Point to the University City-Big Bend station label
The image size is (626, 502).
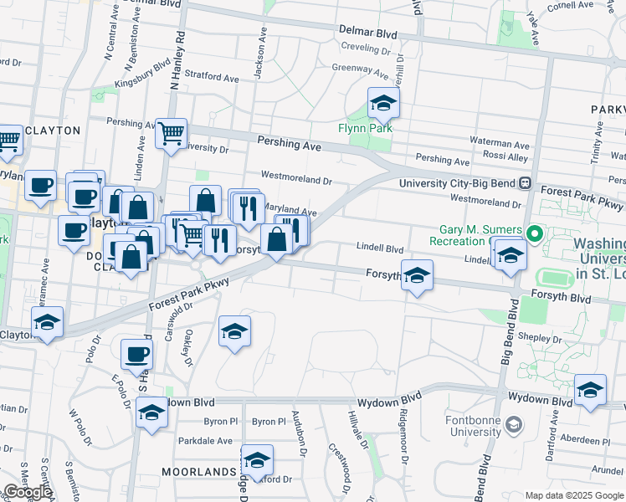pos(458,183)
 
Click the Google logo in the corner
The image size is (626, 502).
pos(28,492)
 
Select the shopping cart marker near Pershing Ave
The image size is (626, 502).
pos(172,132)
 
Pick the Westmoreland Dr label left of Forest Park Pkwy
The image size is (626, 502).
pos(296,178)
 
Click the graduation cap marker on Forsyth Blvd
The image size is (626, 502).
pos(417,275)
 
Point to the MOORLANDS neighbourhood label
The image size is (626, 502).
pos(198,472)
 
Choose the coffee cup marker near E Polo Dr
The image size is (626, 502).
pos(136,353)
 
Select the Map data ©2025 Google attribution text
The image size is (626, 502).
pos(573,495)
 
